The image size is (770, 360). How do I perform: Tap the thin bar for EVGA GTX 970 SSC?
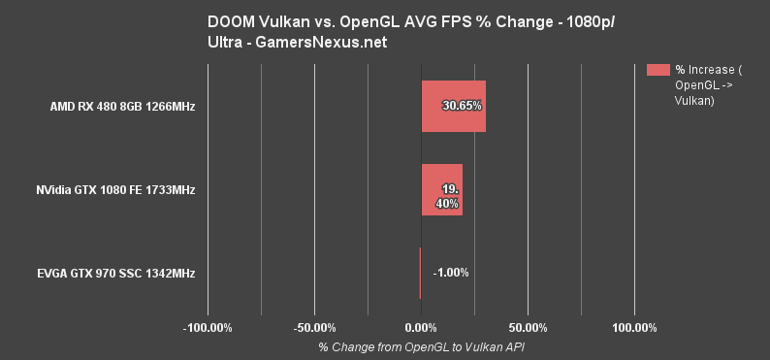420,273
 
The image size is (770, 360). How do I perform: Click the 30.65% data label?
463,105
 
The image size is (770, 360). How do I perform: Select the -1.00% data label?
451,273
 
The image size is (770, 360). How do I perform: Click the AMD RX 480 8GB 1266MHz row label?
123,106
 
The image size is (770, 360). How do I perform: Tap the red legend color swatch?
658,69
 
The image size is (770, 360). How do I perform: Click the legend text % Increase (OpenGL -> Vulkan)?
708,85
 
